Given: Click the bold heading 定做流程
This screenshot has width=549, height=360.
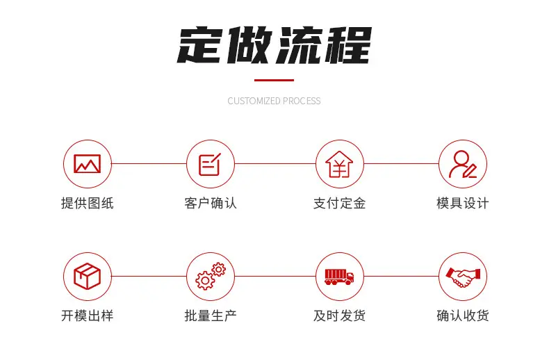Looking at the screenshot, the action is pyautogui.click(x=274, y=46).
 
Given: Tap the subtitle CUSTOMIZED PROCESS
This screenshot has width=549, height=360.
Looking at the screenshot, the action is pyautogui.click(x=274, y=101).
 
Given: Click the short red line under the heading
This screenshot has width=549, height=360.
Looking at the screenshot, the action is pyautogui.click(x=274, y=80).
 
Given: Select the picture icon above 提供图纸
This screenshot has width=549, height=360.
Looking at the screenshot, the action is pyautogui.click(x=87, y=164).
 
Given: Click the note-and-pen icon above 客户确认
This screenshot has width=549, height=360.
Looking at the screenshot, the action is pyautogui.click(x=210, y=164).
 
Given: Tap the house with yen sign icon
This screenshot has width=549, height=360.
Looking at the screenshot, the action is pyautogui.click(x=339, y=164).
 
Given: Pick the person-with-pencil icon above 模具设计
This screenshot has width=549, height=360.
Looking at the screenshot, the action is pyautogui.click(x=463, y=164).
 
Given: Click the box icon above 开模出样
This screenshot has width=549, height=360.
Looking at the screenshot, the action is pyautogui.click(x=87, y=277).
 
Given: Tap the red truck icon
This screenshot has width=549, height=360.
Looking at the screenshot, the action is pyautogui.click(x=339, y=277).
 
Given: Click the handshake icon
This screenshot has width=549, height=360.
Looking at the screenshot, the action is pyautogui.click(x=463, y=277).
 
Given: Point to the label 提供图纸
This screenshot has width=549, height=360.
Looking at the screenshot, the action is pyautogui.click(x=87, y=203).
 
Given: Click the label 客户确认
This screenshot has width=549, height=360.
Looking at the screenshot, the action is pyautogui.click(x=211, y=203).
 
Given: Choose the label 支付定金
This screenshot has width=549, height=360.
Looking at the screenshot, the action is pyautogui.click(x=339, y=203).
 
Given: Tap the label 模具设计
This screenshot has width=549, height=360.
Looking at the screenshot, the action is pyautogui.click(x=463, y=203).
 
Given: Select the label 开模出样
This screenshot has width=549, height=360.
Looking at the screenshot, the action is pyautogui.click(x=87, y=316).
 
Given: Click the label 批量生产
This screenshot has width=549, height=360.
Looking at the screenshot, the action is pyautogui.click(x=211, y=316).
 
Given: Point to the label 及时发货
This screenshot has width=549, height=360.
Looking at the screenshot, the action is pyautogui.click(x=339, y=316).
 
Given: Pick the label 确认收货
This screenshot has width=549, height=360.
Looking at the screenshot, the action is pyautogui.click(x=463, y=316).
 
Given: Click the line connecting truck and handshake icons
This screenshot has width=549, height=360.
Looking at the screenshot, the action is pyautogui.click(x=401, y=277).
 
